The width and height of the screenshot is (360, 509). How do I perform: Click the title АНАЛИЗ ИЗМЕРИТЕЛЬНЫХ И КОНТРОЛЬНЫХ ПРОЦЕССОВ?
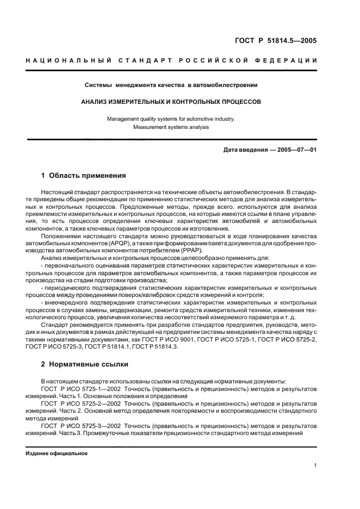(x=171, y=101)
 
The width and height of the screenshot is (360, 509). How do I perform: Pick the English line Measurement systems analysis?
(x=171, y=127)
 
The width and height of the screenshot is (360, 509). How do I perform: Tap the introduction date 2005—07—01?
(x=297, y=150)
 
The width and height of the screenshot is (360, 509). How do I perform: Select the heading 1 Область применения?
(x=84, y=176)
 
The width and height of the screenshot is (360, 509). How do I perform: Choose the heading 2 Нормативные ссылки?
(x=84, y=365)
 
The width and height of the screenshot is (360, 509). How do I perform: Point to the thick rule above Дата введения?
(x=171, y=140)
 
